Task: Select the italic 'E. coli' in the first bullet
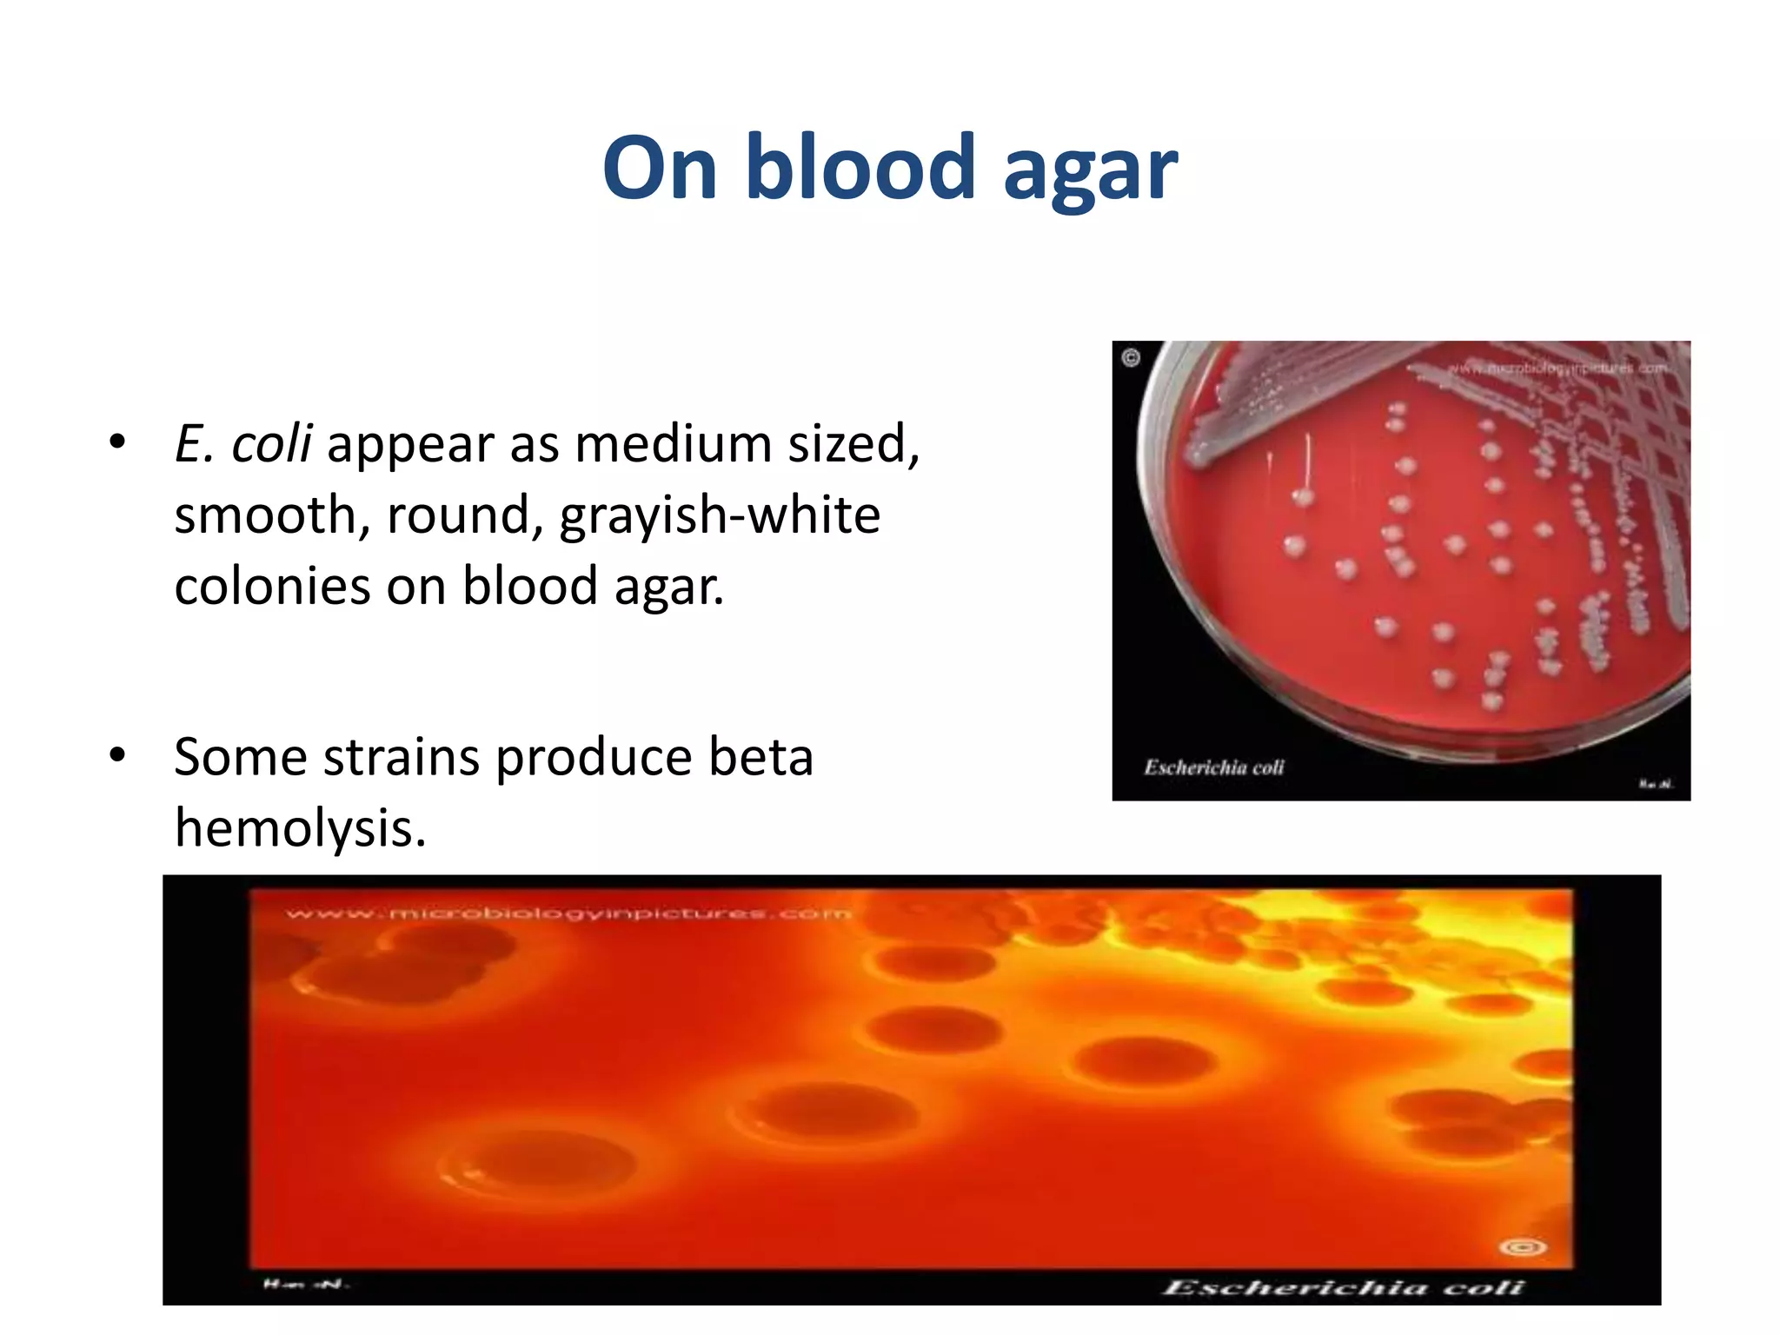242,443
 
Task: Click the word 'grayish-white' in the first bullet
720,515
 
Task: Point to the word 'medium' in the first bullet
673,443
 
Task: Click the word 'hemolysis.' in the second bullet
300,827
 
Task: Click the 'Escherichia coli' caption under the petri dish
1213,767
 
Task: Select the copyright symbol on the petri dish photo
1131,358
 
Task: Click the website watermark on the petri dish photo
1556,369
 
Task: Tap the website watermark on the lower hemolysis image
569,913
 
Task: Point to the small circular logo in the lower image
1523,1247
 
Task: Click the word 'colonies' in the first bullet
272,586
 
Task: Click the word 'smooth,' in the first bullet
272,515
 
